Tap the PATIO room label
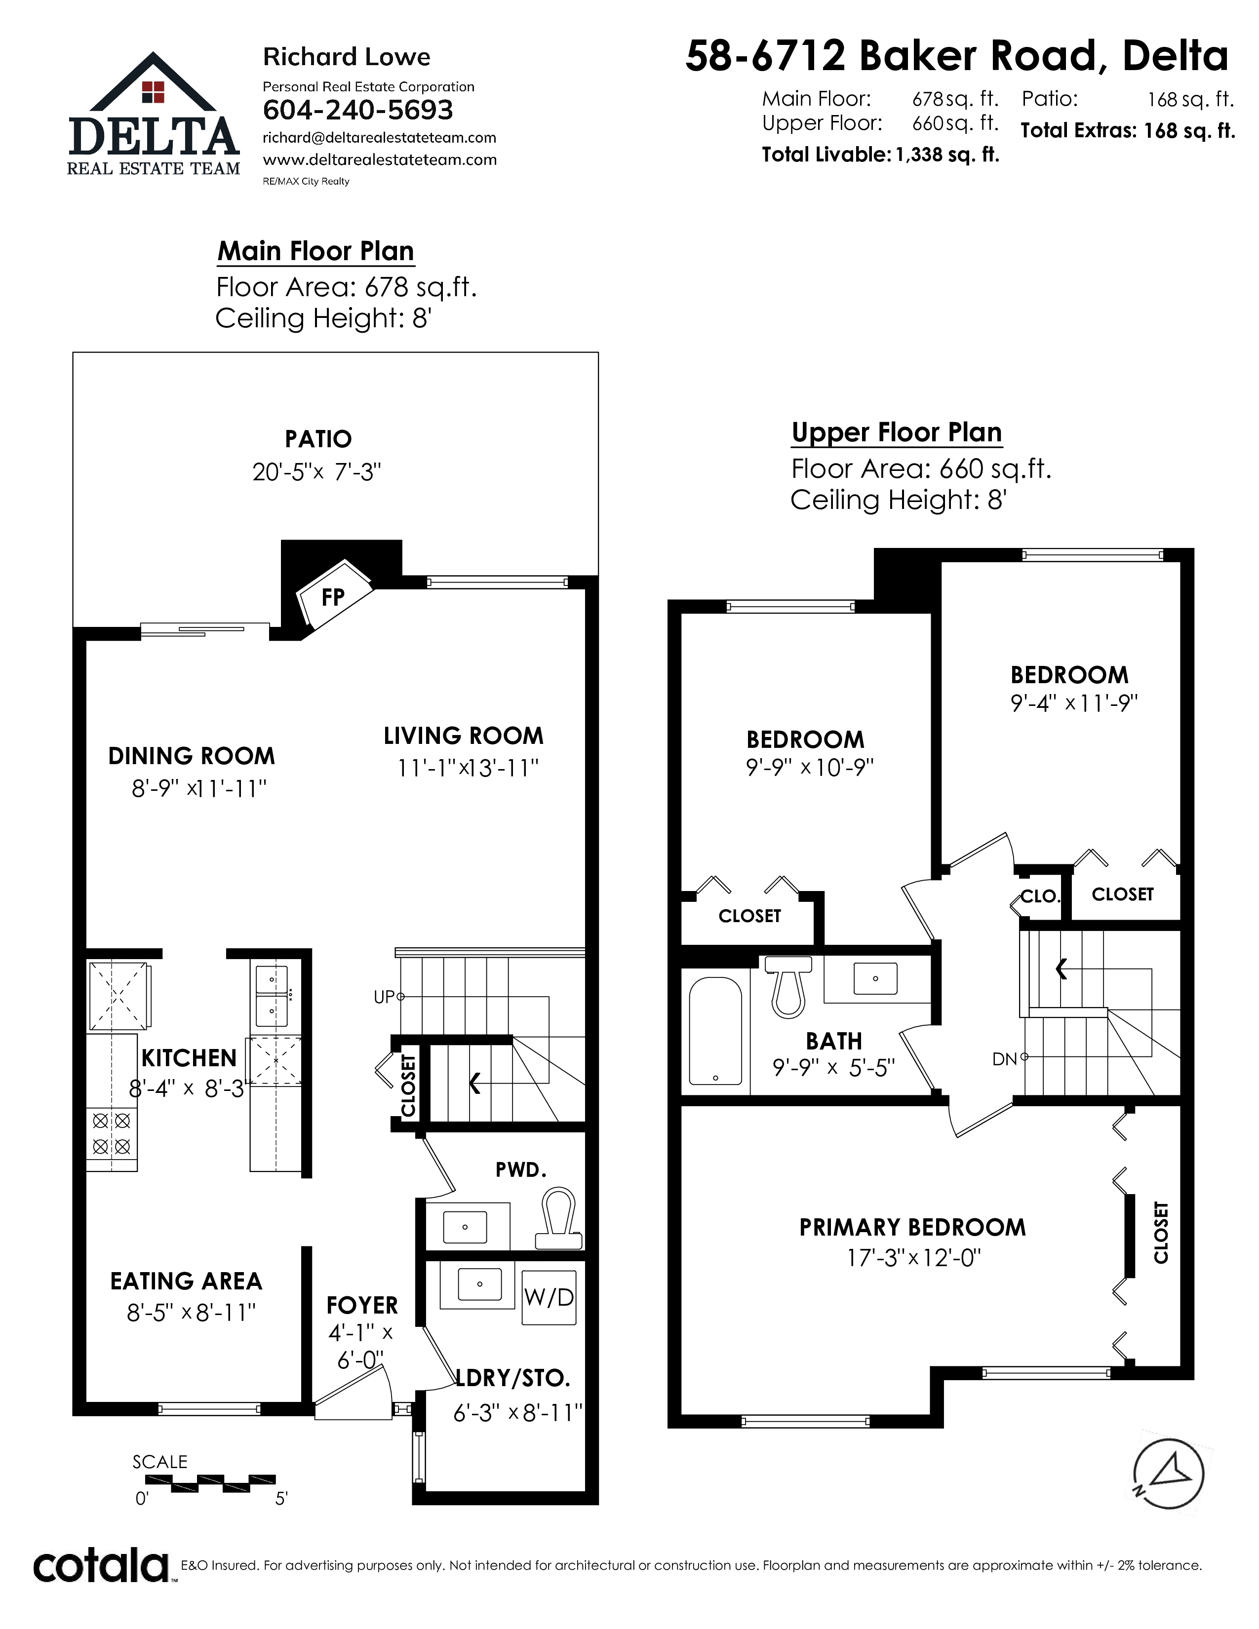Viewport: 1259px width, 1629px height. tap(318, 438)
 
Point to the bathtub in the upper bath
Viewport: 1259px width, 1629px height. tap(715, 1031)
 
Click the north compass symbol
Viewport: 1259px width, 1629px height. tap(1169, 1474)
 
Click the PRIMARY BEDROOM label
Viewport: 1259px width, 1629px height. tap(912, 1227)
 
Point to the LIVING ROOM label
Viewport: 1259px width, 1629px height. tap(463, 736)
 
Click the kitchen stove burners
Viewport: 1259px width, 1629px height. tap(112, 1133)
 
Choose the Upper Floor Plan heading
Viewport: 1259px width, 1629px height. tap(897, 432)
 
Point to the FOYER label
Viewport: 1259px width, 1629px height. tap(362, 1305)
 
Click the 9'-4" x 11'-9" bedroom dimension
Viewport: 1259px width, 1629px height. tap(1074, 702)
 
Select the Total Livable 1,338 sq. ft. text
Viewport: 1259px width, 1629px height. tap(880, 155)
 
